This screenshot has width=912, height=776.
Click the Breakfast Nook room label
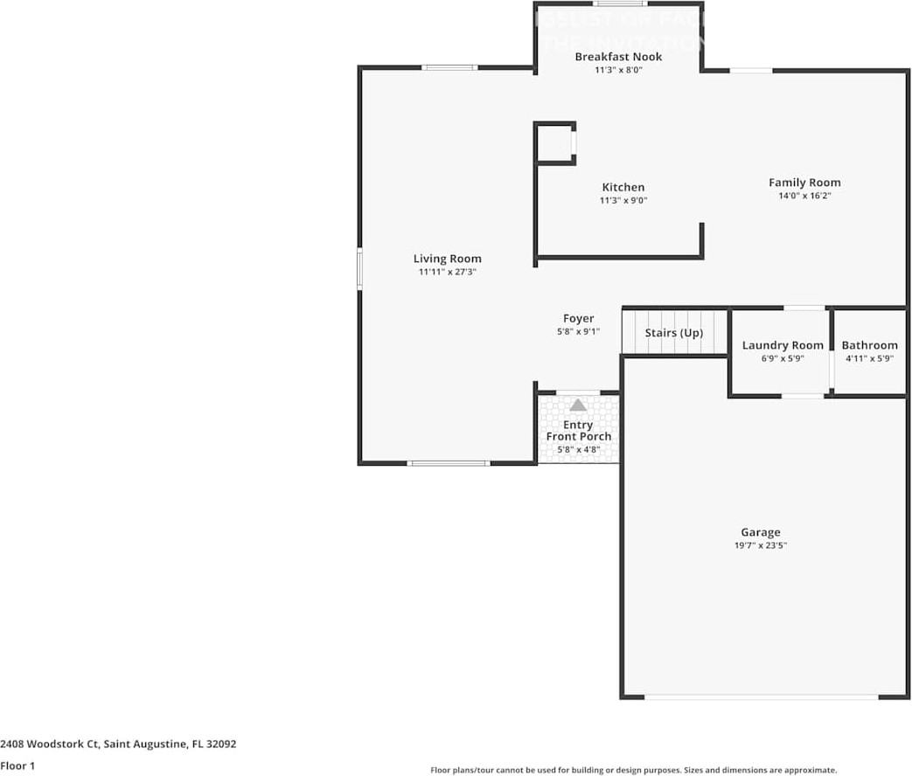pos(618,57)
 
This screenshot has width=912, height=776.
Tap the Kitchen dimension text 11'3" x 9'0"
pos(623,200)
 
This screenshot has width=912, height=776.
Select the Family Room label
pos(804,183)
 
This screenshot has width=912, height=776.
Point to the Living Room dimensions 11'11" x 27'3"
pos(447,272)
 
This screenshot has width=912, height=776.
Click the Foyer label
pos(578,319)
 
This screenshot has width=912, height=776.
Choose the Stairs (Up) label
pos(673,333)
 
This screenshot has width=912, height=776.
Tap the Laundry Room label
pos(783,345)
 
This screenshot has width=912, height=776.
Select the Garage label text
pos(760,532)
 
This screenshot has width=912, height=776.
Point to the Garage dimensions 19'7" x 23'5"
pos(760,545)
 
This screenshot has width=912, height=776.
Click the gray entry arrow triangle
pos(578,405)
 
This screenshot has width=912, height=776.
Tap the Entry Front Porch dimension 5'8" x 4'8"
pos(578,450)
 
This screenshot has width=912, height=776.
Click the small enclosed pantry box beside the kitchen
pos(554,143)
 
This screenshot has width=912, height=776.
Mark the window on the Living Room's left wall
pos(359,268)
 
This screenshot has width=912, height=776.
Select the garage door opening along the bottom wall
pos(761,696)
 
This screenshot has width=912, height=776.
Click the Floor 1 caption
pos(17,766)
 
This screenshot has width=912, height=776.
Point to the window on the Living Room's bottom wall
pos(449,462)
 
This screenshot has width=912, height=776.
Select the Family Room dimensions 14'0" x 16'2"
pos(804,197)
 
